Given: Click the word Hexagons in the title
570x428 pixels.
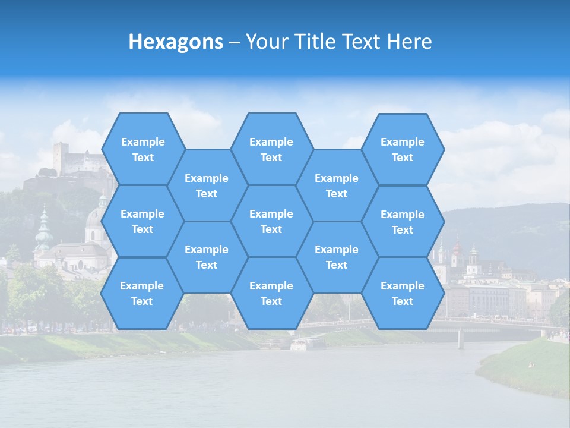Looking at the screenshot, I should [x=176, y=42].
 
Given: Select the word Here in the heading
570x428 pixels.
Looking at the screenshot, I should [x=409, y=42].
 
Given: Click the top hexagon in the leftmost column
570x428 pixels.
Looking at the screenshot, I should [x=142, y=149].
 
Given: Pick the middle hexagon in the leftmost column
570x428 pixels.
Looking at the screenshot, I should [x=142, y=221].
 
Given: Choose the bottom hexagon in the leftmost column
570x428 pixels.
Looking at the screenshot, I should [x=142, y=293].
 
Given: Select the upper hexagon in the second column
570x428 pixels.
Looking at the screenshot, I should [x=207, y=185].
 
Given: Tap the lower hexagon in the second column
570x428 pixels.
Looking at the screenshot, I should [x=207, y=257].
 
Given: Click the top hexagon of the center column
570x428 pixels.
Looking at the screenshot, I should [x=271, y=149].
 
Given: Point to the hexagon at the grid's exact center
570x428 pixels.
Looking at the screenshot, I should [x=271, y=221].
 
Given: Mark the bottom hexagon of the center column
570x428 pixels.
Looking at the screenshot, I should [x=271, y=293].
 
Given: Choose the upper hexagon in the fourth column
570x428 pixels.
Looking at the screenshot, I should [x=337, y=185].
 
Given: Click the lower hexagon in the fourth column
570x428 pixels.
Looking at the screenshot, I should [x=337, y=257].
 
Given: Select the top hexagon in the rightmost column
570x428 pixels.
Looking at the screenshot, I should [x=403, y=149].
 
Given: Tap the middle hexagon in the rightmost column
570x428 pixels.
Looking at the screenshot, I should [x=403, y=222].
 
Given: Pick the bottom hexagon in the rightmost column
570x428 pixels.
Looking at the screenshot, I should [x=403, y=293].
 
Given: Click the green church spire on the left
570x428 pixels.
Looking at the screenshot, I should [x=43, y=229].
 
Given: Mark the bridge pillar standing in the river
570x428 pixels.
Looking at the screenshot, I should [x=460, y=339].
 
